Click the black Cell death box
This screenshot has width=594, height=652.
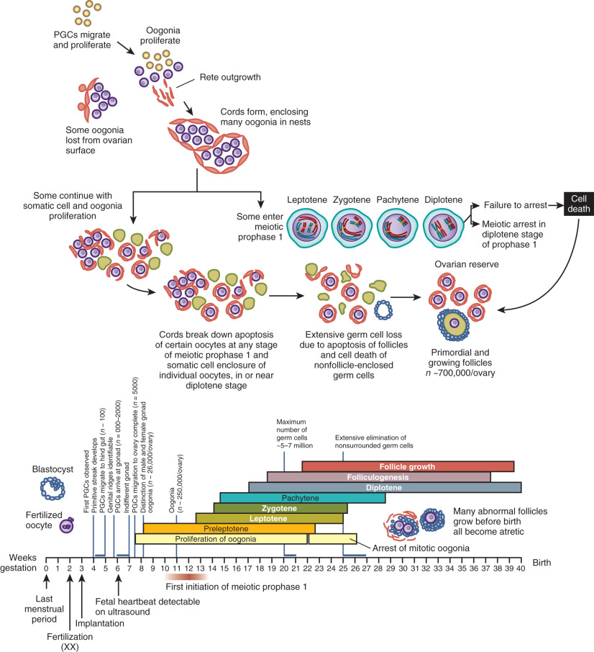[x=576, y=204]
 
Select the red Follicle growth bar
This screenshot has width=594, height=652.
[x=408, y=466]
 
